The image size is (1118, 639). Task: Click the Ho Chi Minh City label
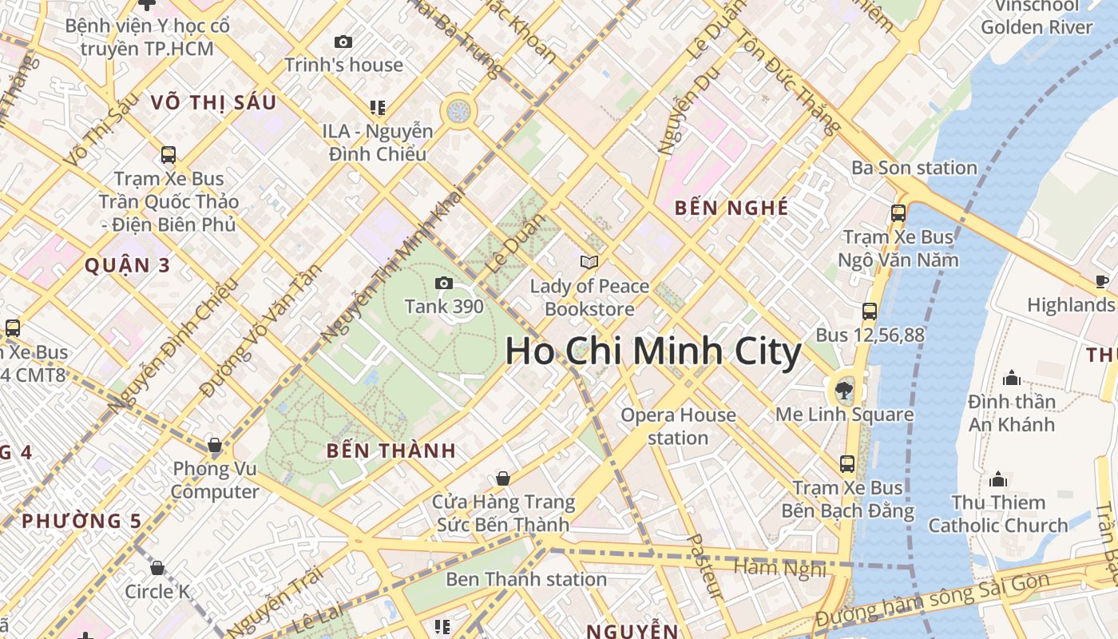tap(653, 352)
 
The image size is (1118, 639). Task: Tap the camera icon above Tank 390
tap(443, 283)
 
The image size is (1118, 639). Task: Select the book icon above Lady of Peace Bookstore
tap(589, 261)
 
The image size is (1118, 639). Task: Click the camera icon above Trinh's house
tap(343, 42)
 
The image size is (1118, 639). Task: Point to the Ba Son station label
tap(914, 168)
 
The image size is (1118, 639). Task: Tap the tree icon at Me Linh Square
tap(843, 391)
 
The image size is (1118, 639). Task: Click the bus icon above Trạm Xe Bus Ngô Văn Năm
tap(898, 213)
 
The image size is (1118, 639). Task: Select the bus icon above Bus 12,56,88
tap(870, 312)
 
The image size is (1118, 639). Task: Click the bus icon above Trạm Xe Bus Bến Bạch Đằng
tap(847, 463)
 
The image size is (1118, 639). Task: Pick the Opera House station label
tap(678, 426)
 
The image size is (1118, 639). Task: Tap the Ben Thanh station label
tap(526, 579)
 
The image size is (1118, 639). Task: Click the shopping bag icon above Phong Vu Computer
tap(214, 445)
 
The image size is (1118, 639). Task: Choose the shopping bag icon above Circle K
tap(157, 568)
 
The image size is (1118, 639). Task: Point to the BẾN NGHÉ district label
tap(731, 208)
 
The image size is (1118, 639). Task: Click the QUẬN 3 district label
tap(128, 265)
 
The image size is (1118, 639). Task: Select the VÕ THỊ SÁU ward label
tap(213, 102)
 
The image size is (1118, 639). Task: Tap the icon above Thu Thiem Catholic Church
tap(997, 479)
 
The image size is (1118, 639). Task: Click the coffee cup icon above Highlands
tap(1102, 281)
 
